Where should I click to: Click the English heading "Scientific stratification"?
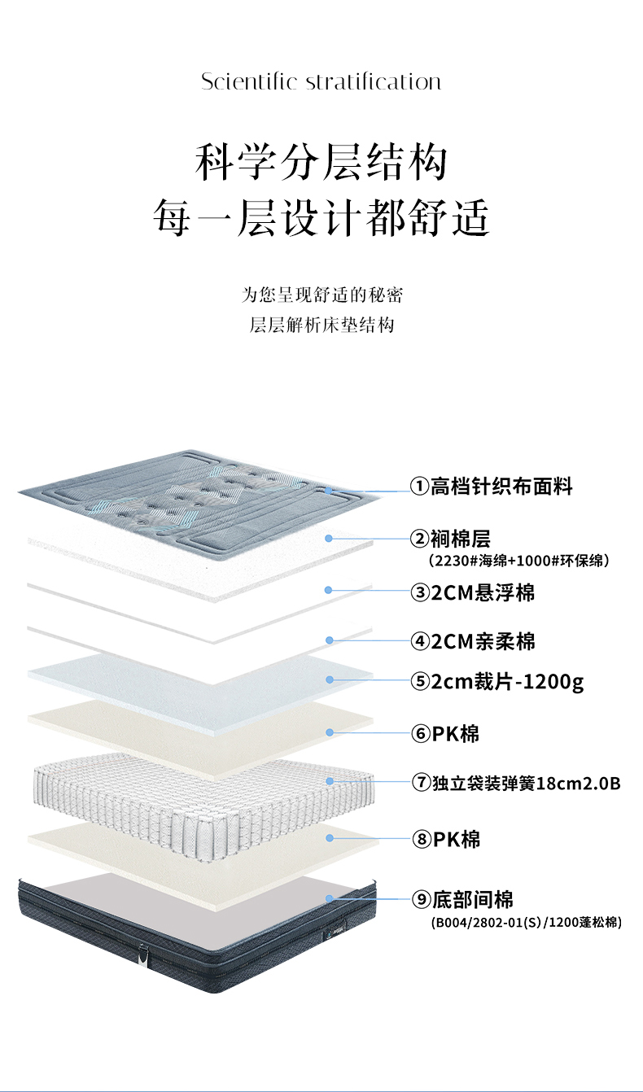321,82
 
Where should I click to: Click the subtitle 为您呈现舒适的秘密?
321,294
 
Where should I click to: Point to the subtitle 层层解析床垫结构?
321,325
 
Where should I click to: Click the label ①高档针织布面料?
492,487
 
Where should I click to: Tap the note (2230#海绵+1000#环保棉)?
518,560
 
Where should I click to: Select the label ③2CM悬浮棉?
473,592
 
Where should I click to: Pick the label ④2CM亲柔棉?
473,641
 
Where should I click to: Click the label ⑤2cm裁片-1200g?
497,681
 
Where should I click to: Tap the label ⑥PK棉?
445,734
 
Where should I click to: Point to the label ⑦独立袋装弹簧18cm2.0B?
516,784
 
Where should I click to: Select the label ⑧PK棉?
445,838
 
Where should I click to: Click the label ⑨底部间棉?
462,899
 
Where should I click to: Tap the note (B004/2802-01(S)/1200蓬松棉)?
526,923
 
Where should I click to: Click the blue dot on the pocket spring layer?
330,781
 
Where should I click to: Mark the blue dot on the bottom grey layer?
330,898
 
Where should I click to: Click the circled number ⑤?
420,681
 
